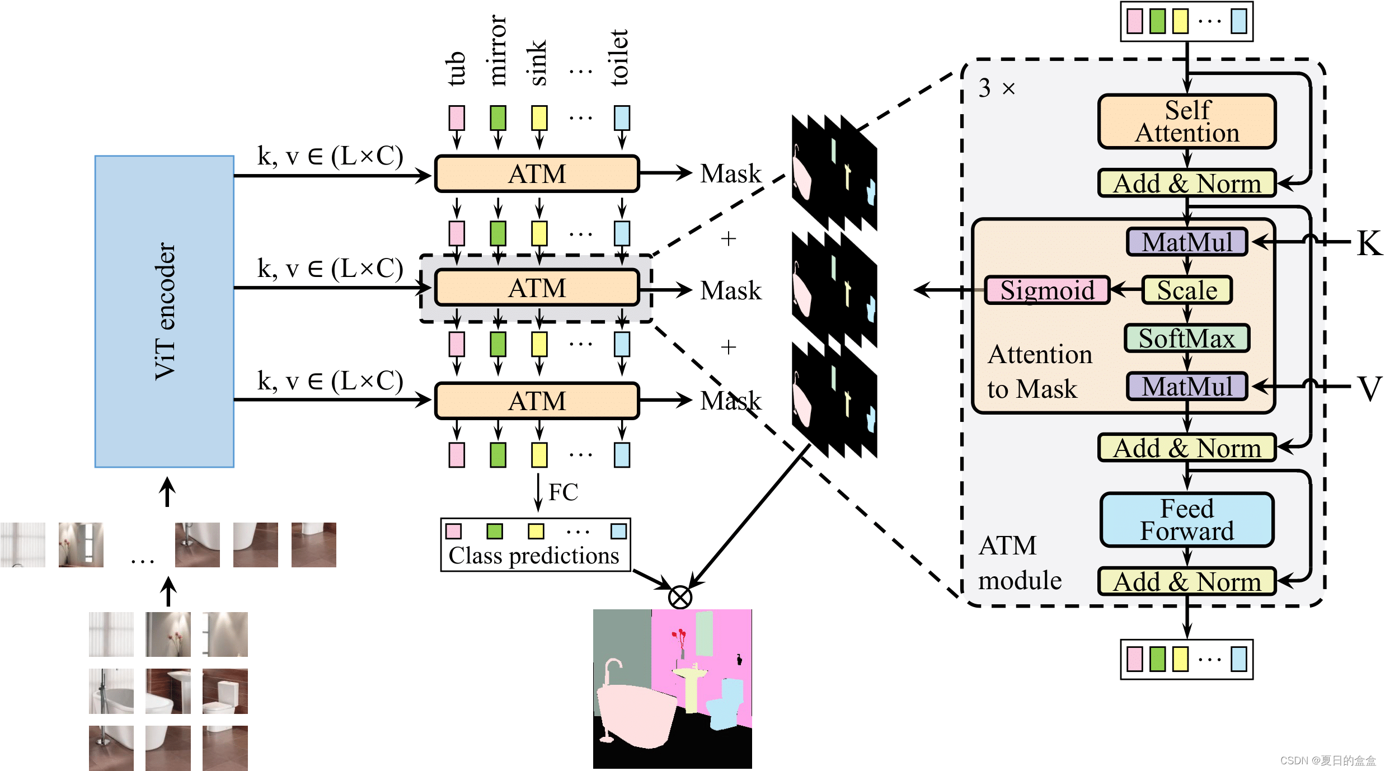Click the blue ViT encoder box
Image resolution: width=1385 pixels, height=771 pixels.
coord(164,311)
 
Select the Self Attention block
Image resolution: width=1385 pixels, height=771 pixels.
coord(1187,121)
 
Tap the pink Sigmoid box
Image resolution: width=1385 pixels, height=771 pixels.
coord(1046,290)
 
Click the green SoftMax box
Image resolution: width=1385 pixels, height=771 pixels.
coord(1187,339)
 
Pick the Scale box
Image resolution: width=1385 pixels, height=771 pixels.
coord(1187,290)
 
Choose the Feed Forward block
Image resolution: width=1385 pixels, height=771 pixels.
coord(1187,520)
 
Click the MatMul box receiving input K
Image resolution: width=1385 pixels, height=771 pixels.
coord(1187,242)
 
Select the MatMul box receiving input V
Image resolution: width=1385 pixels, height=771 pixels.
coord(1187,387)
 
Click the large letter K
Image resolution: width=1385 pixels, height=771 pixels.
coord(1369,243)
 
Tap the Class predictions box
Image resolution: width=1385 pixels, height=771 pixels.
coord(535,545)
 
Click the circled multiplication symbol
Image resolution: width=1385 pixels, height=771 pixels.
coord(680,597)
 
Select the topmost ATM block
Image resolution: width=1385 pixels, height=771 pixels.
coord(537,174)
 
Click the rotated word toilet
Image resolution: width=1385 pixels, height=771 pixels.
coord(619,58)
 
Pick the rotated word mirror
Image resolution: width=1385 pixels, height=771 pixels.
coord(497,50)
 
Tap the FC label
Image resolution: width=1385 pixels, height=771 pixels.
coord(563,492)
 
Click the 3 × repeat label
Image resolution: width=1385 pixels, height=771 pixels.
coord(996,88)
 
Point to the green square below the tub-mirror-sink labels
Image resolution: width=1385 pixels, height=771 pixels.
coord(497,118)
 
